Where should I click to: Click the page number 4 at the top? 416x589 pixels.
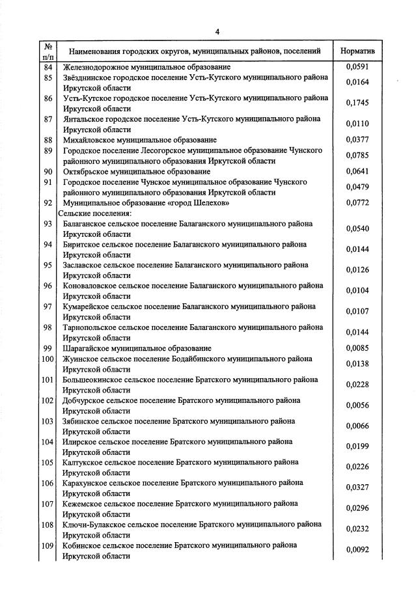(x=218, y=31)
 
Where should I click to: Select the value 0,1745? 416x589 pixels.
(x=357, y=103)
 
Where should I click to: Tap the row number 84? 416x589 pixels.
(x=48, y=67)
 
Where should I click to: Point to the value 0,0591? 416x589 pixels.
(x=357, y=67)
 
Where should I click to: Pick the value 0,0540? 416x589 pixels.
(x=357, y=229)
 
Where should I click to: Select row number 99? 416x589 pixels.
(x=48, y=348)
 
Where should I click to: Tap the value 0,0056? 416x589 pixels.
(x=357, y=405)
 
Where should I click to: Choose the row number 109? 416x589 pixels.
(x=48, y=545)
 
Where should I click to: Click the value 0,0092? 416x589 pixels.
(x=357, y=550)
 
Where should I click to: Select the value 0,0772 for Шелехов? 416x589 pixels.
(x=357, y=204)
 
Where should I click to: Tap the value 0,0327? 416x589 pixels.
(x=357, y=487)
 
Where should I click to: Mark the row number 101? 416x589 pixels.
(x=48, y=379)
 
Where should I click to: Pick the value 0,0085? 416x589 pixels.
(x=357, y=348)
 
